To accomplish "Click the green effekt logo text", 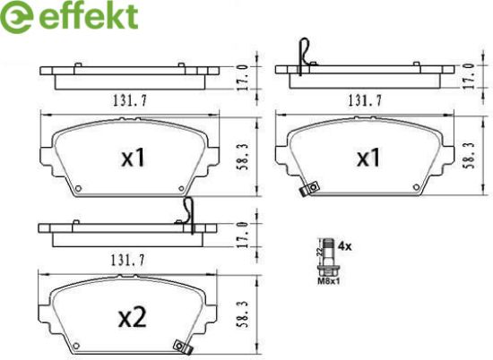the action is click(89, 15).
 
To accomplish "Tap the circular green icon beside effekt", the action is click(16, 17).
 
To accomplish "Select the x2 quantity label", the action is click(133, 317).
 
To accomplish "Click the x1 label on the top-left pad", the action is click(134, 158).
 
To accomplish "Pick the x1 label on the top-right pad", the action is click(368, 158).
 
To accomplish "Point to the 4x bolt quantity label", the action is click(344, 246).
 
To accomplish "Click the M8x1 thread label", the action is click(328, 281).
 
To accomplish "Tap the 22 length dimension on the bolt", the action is click(319, 252).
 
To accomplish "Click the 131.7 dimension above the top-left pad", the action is click(130, 100).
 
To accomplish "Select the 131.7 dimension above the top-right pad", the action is click(365, 100).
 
